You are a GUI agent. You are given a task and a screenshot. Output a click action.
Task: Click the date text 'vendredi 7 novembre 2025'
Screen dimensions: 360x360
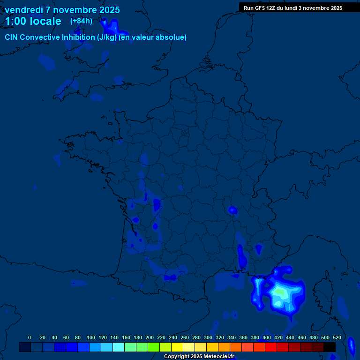click(x=62, y=10)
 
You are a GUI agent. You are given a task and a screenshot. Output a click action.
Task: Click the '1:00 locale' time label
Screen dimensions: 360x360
click(x=33, y=21)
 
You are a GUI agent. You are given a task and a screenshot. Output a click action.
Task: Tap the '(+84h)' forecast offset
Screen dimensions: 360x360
click(x=81, y=21)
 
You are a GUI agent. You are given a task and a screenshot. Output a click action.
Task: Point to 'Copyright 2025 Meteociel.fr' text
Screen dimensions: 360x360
click(x=199, y=356)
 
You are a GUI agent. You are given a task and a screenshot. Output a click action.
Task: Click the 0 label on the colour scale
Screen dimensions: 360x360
click(x=30, y=337)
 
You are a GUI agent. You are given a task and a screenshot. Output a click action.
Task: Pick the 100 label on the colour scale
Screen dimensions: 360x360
click(x=91, y=337)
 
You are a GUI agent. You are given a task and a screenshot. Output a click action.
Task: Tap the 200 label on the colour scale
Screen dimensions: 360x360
click(x=150, y=337)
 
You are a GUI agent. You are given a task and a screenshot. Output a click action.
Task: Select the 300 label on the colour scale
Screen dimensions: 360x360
click(x=208, y=337)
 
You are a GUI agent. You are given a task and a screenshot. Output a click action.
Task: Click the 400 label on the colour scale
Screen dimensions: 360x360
click(x=267, y=337)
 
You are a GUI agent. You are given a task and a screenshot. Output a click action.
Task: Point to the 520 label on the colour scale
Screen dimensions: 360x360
click(x=337, y=337)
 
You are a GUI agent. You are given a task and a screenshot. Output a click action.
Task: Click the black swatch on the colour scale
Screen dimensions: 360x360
click(x=330, y=347)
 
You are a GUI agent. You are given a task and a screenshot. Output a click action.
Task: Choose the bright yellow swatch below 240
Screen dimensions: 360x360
click(x=177, y=347)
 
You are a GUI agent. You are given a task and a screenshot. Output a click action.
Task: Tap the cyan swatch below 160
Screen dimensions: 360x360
click(x=119, y=347)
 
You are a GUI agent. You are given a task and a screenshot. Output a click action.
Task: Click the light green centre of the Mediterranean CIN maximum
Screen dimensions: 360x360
click(x=279, y=292)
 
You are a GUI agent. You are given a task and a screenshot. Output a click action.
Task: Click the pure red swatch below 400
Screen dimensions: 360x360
click(x=271, y=347)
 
